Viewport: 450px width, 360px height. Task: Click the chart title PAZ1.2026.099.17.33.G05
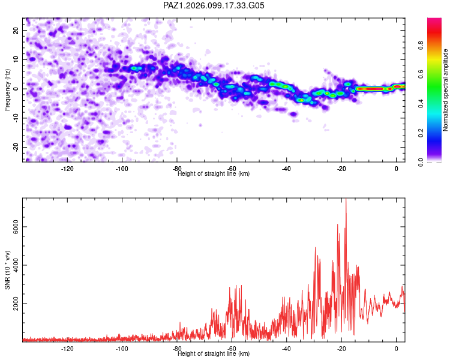(x=214, y=5)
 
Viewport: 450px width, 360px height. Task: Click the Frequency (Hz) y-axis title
(x=7, y=90)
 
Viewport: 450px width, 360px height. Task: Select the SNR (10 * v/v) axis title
(x=7, y=270)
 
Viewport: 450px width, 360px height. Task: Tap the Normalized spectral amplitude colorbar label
(x=445, y=90)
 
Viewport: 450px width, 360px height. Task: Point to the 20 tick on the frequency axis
(x=16, y=30)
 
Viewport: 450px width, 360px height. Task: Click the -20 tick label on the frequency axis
(x=16, y=147)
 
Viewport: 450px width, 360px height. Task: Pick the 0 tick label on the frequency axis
(x=16, y=89)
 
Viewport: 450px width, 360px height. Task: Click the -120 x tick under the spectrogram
(x=67, y=169)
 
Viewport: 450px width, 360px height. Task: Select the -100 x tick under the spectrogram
(x=122, y=169)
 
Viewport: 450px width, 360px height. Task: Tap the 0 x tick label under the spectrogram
(x=397, y=169)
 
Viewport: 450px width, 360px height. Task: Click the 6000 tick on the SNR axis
(x=16, y=227)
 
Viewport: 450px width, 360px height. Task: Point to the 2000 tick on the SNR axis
(x=16, y=304)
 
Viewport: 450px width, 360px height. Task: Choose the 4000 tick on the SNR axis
(x=16, y=265)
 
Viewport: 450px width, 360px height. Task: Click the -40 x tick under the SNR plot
(x=286, y=349)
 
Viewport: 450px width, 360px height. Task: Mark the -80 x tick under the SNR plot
(x=177, y=349)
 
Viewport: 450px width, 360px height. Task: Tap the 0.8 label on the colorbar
(x=421, y=45)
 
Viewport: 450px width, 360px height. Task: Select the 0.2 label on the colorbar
(x=421, y=133)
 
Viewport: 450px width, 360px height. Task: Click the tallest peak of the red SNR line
(x=346, y=199)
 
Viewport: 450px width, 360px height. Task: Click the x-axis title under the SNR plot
(x=214, y=353)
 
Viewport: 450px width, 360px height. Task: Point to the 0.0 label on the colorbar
(x=421, y=162)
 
